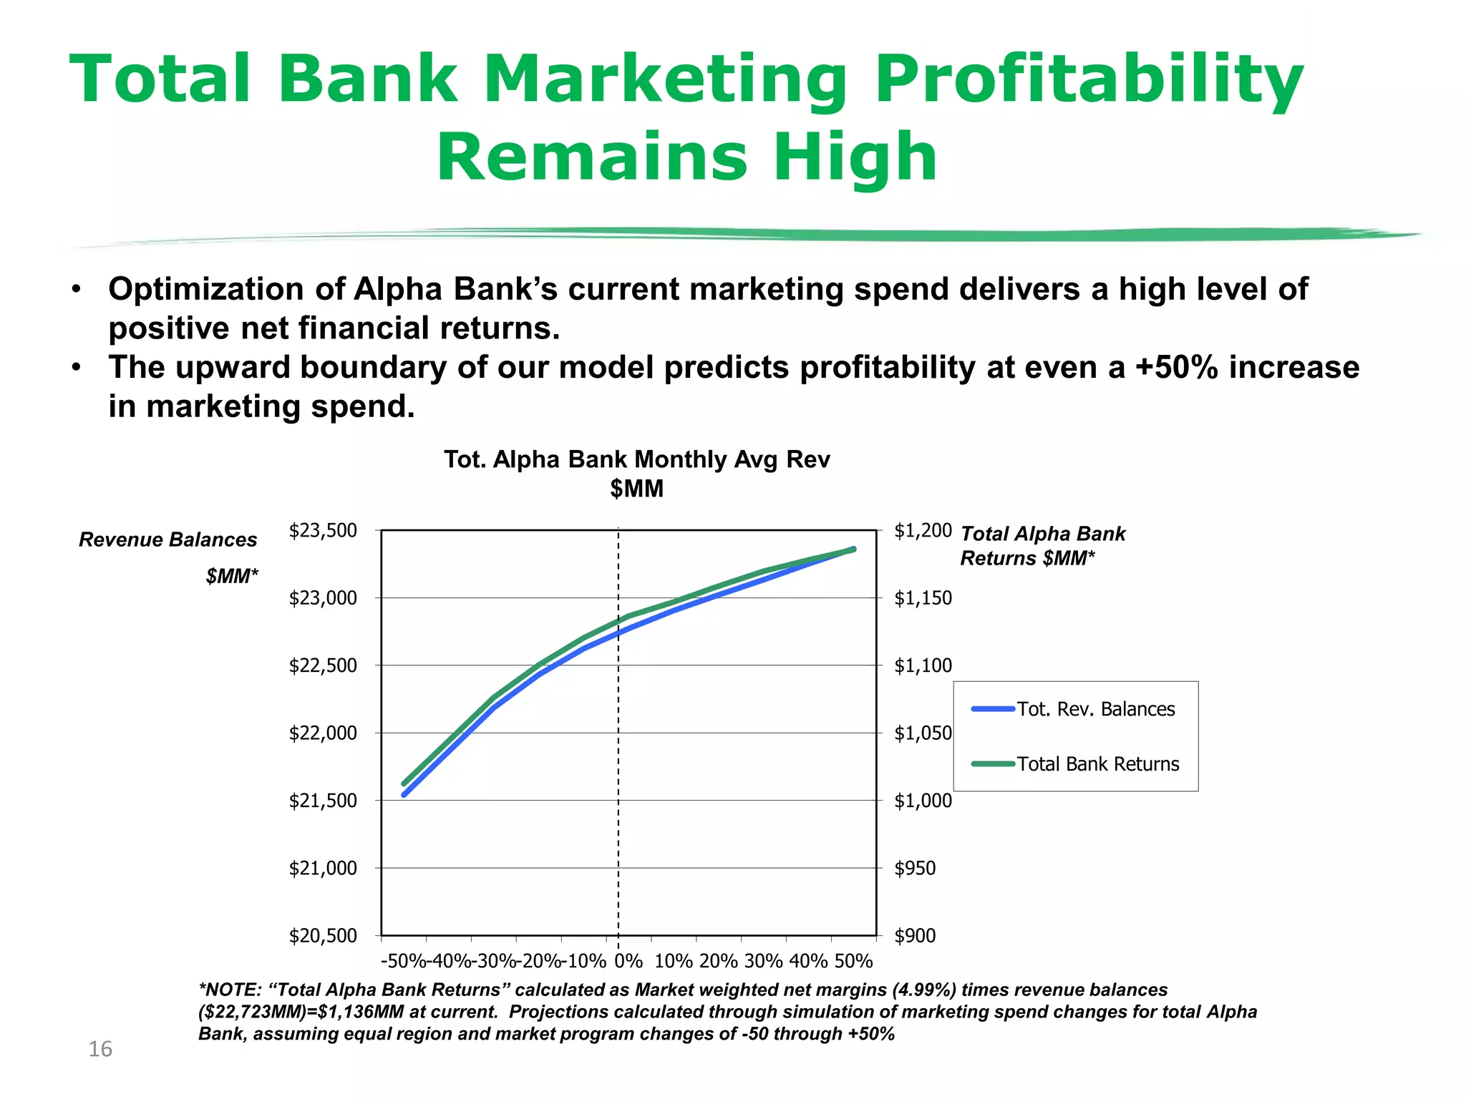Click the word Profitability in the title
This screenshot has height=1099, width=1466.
point(1088,80)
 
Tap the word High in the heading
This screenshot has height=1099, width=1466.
point(855,157)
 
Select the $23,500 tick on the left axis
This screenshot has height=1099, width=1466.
point(323,531)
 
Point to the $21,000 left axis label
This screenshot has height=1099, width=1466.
point(323,869)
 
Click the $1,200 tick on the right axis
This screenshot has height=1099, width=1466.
point(923,531)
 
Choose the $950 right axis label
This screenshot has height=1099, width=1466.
point(915,869)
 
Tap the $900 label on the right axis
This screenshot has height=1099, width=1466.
point(915,936)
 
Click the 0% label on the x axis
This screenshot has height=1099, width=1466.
point(628,961)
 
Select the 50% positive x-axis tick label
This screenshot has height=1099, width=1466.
point(853,961)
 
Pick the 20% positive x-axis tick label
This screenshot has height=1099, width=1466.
point(719,961)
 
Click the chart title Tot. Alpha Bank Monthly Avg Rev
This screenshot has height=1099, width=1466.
point(636,459)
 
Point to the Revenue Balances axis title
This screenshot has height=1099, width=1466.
point(168,539)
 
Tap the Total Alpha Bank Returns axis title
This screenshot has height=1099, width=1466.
point(1042,534)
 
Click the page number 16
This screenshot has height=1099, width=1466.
point(100,1050)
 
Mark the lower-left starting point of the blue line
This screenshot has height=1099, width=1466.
point(404,794)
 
